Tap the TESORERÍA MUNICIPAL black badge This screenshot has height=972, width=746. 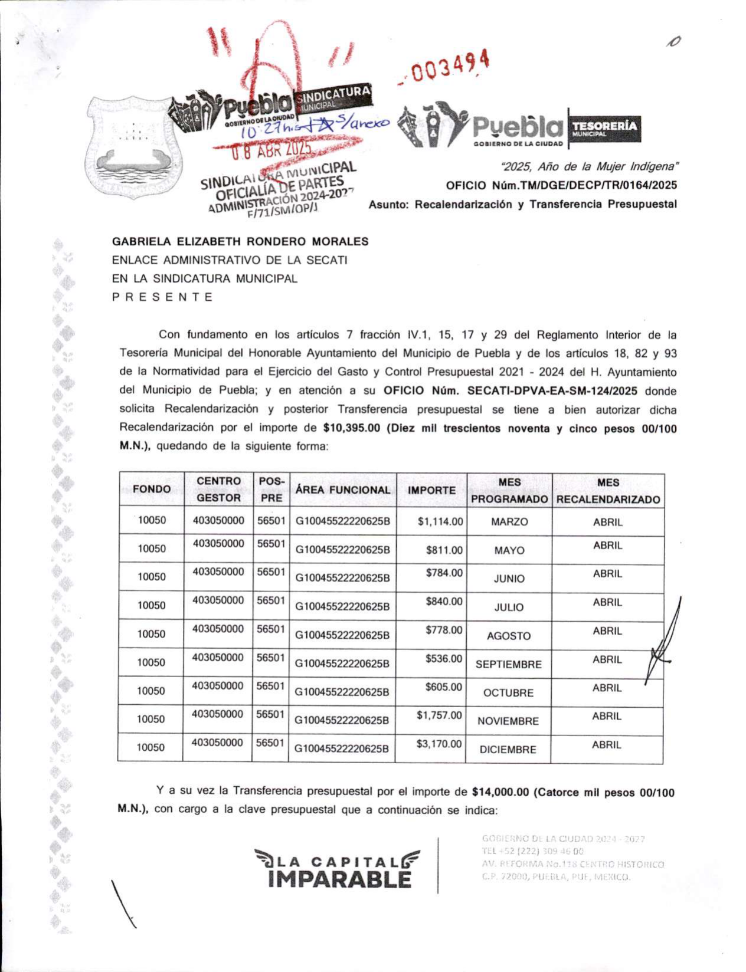(603, 128)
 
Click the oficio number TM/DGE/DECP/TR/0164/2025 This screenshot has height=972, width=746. (561, 185)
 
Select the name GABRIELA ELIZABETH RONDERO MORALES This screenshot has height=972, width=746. (240, 241)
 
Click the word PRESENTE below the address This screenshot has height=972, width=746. (162, 297)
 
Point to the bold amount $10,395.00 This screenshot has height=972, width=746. (352, 428)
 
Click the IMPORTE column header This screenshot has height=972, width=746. (431, 490)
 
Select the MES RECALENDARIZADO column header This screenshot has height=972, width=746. (608, 491)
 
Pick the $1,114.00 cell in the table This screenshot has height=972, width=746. (440, 521)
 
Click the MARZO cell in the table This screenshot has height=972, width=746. (509, 522)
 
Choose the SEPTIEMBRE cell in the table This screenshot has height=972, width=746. (508, 664)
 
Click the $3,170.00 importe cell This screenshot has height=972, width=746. (439, 744)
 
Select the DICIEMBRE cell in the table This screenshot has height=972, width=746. (508, 750)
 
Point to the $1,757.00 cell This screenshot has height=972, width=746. (439, 715)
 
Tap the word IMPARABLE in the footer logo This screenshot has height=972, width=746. (339, 879)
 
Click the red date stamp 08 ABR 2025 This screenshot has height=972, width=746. (271, 150)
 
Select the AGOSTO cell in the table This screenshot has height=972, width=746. (508, 636)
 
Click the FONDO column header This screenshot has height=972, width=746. (152, 489)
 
